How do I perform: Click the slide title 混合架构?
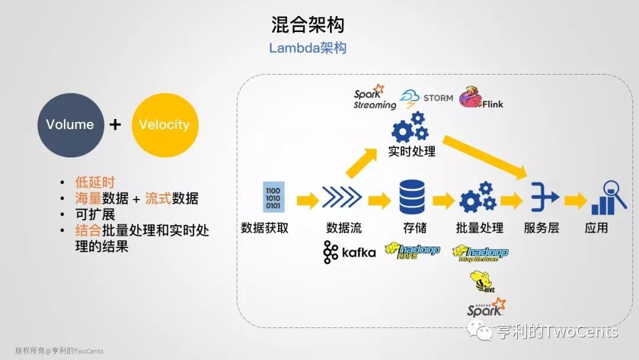coord(308,24)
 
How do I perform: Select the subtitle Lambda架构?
coord(308,48)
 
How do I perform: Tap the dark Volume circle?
coord(70,125)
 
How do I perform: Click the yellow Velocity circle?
coord(164,125)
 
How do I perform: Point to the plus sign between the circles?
coord(116,124)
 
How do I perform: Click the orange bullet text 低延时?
coord(95,182)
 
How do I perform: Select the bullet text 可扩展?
coord(95,214)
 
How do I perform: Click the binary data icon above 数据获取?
coord(274,197)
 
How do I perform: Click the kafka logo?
coord(349,252)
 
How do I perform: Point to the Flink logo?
coord(481,99)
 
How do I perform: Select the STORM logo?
coord(427,99)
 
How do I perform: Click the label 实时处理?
coord(412,152)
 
